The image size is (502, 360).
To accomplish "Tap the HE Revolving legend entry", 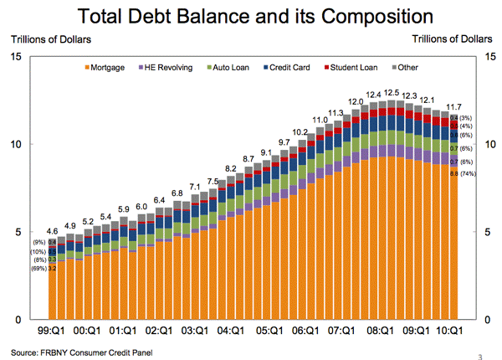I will pos(166,66).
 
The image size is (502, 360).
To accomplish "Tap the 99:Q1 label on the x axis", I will pos(51,332).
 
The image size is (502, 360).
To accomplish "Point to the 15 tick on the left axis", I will pos(16,56).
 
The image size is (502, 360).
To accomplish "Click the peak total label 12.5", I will pos(392,93).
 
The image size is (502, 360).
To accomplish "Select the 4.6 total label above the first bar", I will pos(52,230).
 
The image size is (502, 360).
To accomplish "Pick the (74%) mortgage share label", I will pos(468,173).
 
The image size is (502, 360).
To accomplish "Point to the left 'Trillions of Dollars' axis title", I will pos(50,38).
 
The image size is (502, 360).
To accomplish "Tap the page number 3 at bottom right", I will pos(480,355).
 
